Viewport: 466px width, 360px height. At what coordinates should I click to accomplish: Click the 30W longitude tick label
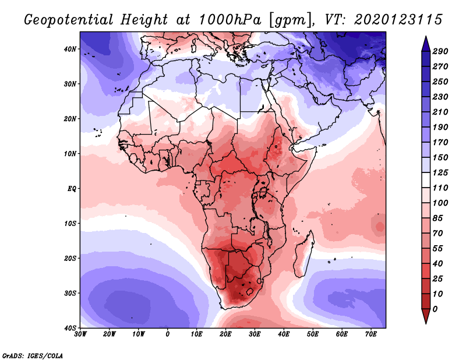[x=81, y=334]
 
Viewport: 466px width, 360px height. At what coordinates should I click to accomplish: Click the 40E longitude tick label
[x=284, y=334]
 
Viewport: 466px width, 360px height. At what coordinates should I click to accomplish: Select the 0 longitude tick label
[x=168, y=334]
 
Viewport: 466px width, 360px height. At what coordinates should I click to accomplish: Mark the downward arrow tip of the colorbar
[x=425, y=322]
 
